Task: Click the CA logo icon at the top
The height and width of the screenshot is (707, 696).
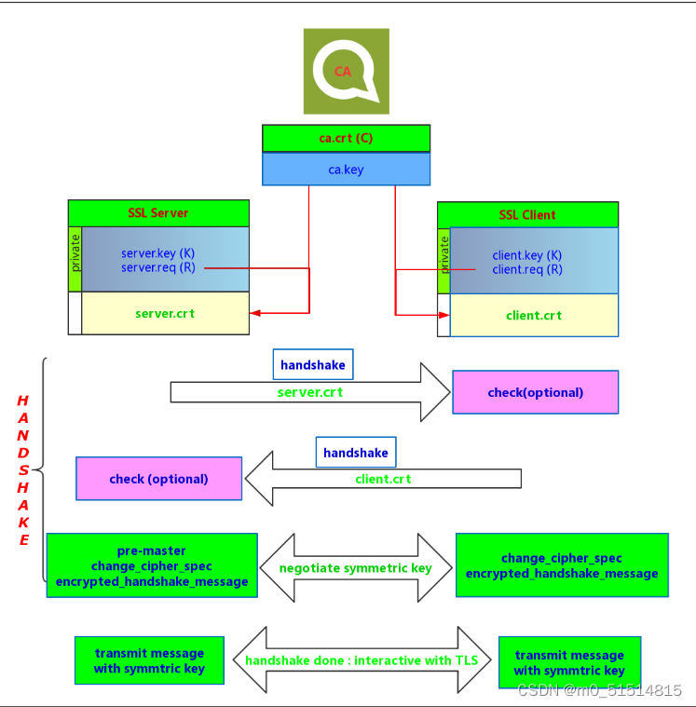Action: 346,71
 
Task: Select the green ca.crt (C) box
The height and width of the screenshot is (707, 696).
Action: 346,138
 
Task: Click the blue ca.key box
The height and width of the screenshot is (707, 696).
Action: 346,170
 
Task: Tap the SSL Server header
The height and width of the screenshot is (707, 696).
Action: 158,212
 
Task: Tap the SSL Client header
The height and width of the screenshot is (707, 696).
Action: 527,214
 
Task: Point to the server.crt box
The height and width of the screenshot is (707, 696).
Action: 165,313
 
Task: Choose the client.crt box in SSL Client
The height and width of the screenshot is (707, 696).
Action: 534,315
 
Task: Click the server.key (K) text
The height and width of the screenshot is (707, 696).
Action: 158,253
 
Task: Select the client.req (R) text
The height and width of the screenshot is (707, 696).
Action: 527,269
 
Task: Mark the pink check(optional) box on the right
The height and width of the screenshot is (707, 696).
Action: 535,392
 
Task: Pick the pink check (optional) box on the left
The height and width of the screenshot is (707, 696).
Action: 158,479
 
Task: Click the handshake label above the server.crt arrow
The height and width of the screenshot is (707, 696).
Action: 313,365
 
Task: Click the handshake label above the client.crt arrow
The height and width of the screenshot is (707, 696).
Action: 356,453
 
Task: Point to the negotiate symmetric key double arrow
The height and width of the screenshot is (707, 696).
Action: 356,567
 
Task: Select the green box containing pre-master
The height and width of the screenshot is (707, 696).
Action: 152,566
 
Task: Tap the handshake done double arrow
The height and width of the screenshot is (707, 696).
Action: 362,660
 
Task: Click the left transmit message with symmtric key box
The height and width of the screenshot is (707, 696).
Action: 149,660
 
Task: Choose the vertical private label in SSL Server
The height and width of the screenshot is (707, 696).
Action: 75,252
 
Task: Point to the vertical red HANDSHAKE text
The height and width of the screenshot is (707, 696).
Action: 23,470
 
